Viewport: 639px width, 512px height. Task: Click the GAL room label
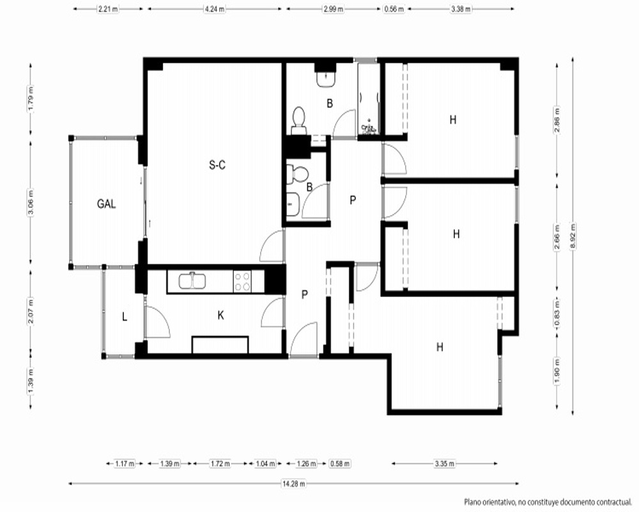click(x=106, y=204)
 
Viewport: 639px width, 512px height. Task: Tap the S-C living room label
click(x=217, y=165)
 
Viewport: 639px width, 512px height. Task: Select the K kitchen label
click(x=221, y=316)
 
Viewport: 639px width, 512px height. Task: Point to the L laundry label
click(x=125, y=317)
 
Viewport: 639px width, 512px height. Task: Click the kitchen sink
click(x=192, y=281)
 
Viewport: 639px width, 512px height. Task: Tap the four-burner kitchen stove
click(x=242, y=282)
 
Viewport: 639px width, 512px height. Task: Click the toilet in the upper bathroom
click(x=299, y=120)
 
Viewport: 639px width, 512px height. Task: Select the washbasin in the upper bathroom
click(x=326, y=78)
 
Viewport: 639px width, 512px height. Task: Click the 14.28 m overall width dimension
click(x=293, y=484)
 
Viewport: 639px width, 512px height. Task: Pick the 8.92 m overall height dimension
click(x=573, y=237)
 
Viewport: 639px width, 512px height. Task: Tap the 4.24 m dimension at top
click(x=214, y=9)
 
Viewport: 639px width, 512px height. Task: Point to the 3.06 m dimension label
click(x=31, y=202)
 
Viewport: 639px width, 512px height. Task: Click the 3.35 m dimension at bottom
click(x=444, y=463)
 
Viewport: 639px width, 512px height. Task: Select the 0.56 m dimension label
click(x=394, y=9)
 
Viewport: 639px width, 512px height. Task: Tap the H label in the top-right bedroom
click(x=453, y=120)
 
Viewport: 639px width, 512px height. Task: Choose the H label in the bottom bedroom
click(x=440, y=347)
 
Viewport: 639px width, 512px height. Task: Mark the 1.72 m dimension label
click(x=220, y=463)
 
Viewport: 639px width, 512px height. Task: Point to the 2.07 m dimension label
click(x=31, y=312)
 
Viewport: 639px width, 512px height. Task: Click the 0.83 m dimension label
click(x=557, y=312)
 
